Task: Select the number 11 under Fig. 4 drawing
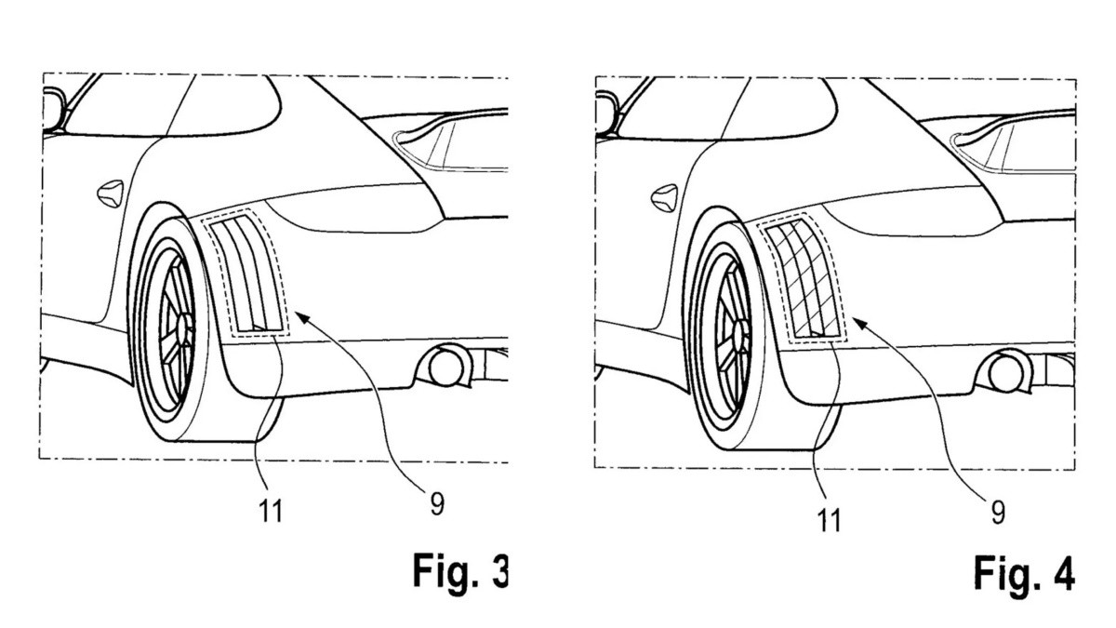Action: (827, 520)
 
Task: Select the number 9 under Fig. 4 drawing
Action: (998, 511)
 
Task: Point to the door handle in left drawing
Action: (109, 193)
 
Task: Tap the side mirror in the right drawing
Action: (606, 107)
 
